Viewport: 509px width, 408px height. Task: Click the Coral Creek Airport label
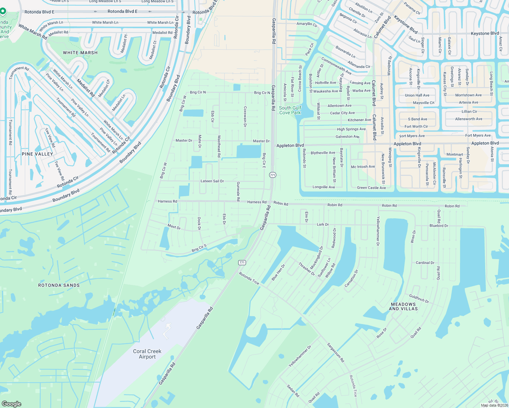pos(147,354)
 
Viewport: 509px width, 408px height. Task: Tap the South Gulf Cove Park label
pos(290,110)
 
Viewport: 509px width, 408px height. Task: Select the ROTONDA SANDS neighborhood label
pos(59,285)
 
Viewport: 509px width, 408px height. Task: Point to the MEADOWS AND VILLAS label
pos(403,306)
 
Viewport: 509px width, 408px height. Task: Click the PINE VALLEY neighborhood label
pos(37,154)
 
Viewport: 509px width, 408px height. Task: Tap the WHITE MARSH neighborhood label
pos(80,53)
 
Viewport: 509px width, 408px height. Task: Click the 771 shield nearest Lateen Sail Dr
pos(273,175)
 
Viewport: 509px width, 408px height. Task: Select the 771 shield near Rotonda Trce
pos(242,262)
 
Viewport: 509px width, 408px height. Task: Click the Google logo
pos(12,404)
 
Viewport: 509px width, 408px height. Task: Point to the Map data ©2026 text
pos(494,405)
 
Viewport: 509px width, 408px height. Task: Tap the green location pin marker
pos(3,12)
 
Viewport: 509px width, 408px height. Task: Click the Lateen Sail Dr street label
pos(212,181)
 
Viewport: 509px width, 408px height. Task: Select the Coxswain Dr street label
pos(245,117)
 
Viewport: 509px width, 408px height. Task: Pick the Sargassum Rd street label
pos(336,353)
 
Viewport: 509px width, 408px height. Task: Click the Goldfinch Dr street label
pos(419,299)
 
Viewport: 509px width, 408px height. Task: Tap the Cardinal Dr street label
pos(425,263)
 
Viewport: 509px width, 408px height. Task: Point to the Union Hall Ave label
pos(417,95)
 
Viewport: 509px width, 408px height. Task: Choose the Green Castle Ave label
pos(371,188)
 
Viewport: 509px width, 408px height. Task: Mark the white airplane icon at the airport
pos(167,330)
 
